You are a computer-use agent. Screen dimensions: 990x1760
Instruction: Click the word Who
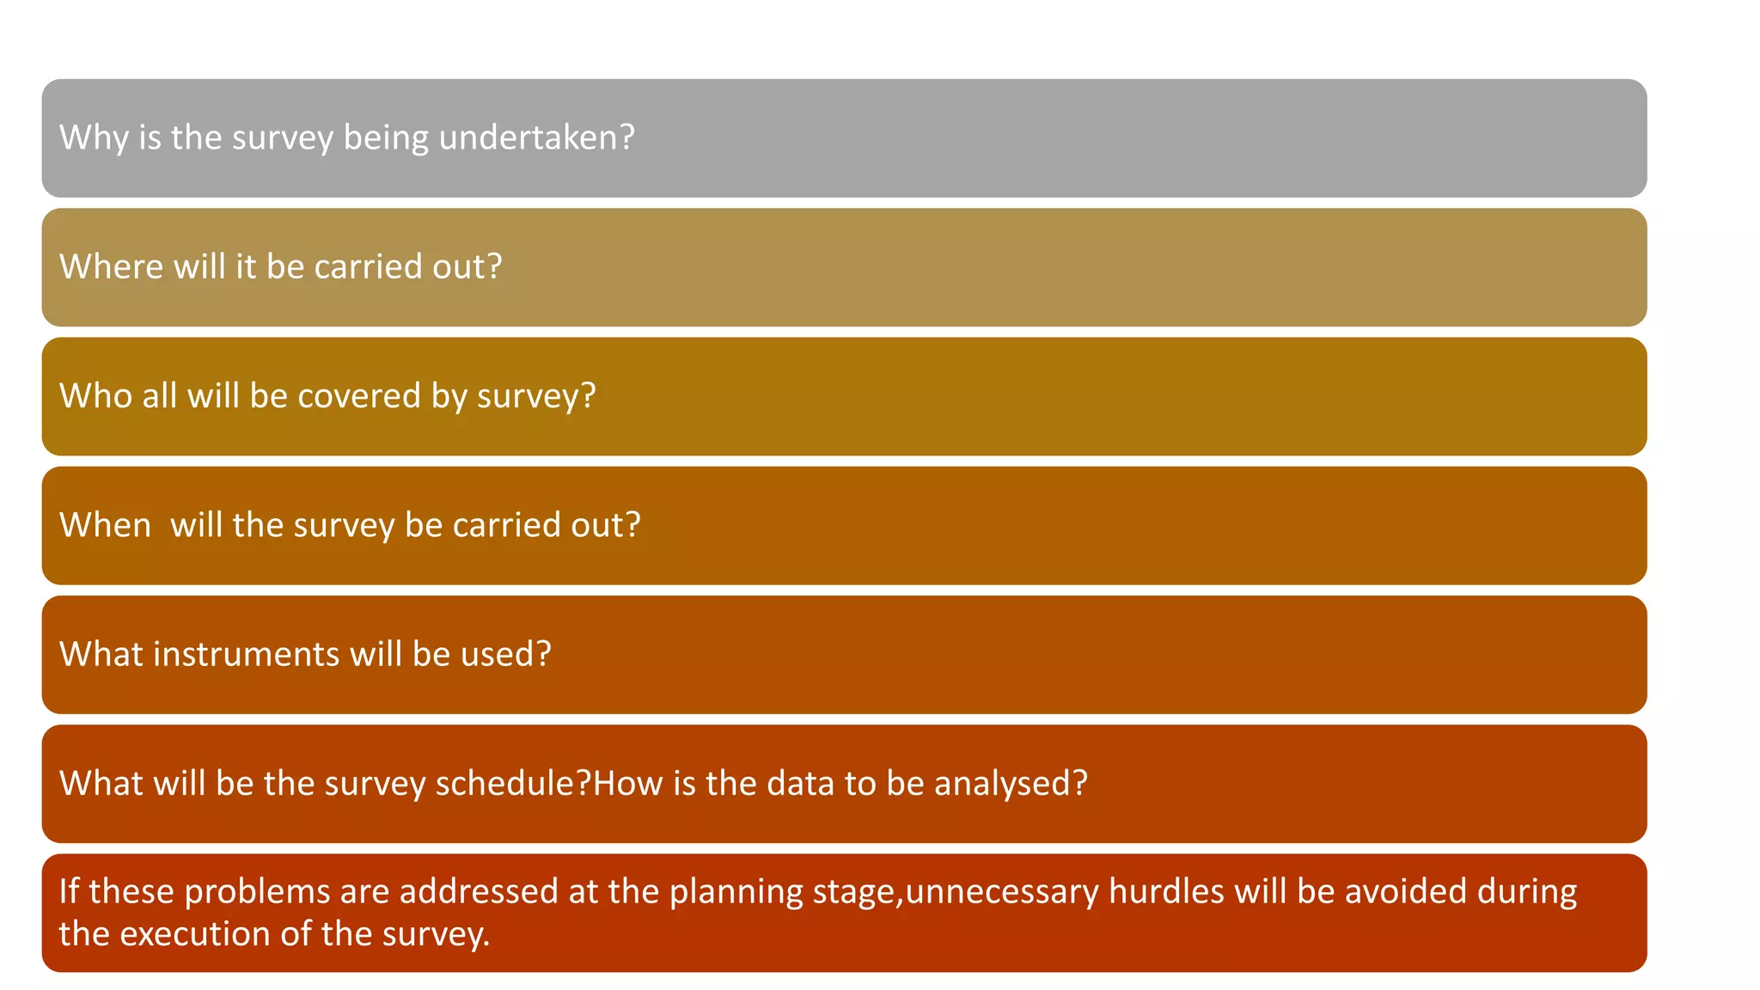pyautogui.click(x=95, y=396)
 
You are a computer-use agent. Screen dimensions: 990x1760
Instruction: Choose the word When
pyautogui.click(x=105, y=525)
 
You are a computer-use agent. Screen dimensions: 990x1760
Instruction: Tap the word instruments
pyautogui.click(x=247, y=655)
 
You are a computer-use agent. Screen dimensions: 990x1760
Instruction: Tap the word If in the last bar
pyautogui.click(x=69, y=891)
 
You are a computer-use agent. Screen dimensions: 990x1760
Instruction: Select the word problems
pyautogui.click(x=257, y=892)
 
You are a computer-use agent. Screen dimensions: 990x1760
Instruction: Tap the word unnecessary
pyautogui.click(x=1002, y=892)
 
